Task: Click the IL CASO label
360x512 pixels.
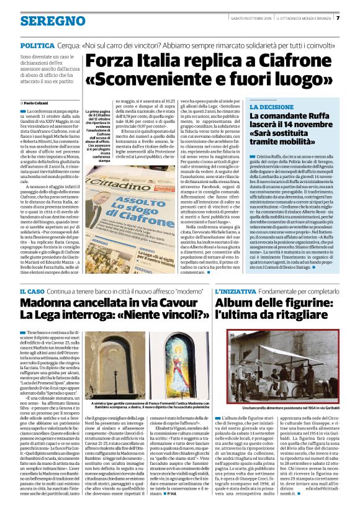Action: (31, 292)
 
